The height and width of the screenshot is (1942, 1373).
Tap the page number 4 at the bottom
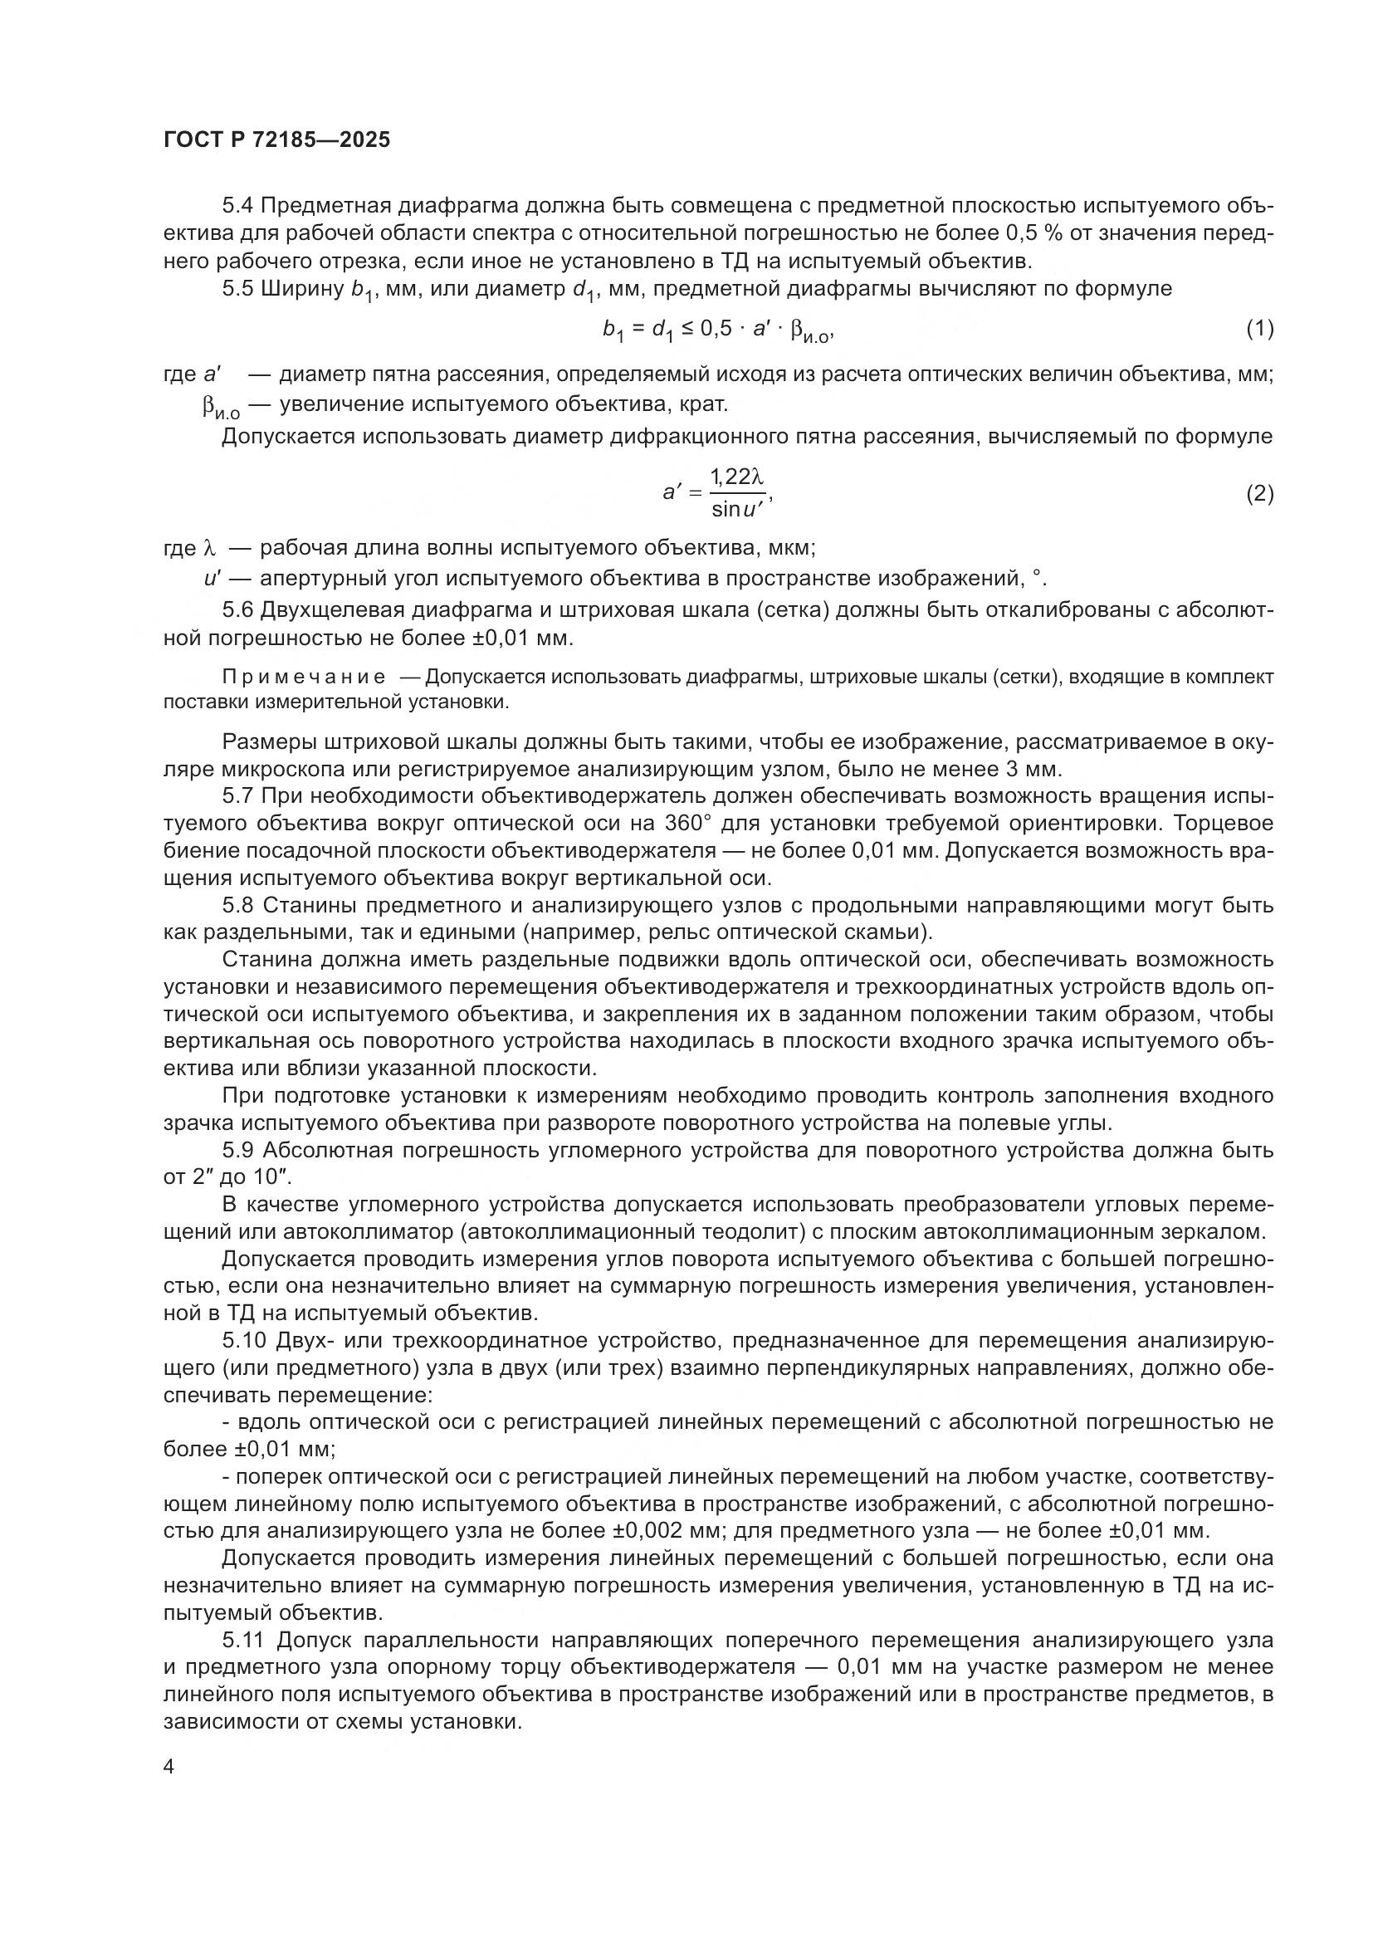pyautogui.click(x=169, y=1768)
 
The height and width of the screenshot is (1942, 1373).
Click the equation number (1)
pyautogui.click(x=1260, y=329)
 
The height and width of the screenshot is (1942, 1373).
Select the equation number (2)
pyautogui.click(x=1260, y=493)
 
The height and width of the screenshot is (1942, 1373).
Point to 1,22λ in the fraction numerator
pyautogui.click(x=736, y=478)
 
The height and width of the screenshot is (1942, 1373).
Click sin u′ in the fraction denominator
pyautogui.click(x=737, y=509)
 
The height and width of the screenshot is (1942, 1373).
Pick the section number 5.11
pyautogui.click(x=244, y=1641)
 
